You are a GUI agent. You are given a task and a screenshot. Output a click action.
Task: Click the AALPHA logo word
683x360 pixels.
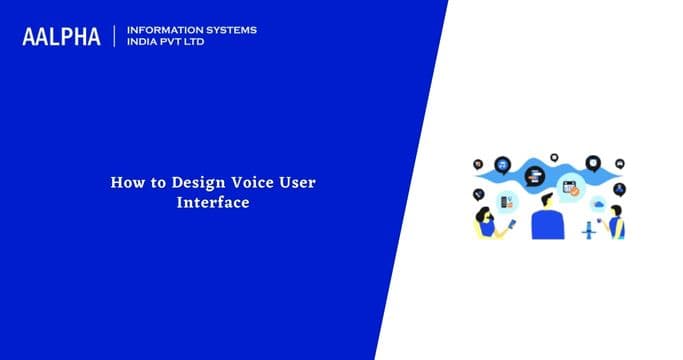point(61,36)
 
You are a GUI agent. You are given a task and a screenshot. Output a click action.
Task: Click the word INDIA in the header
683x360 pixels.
point(144,43)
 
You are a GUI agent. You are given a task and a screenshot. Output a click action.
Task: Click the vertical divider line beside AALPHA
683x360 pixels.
point(116,36)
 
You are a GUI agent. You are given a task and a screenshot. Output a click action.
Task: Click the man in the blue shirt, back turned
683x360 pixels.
point(546,219)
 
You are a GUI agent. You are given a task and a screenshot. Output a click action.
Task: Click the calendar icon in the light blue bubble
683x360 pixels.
point(570,185)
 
